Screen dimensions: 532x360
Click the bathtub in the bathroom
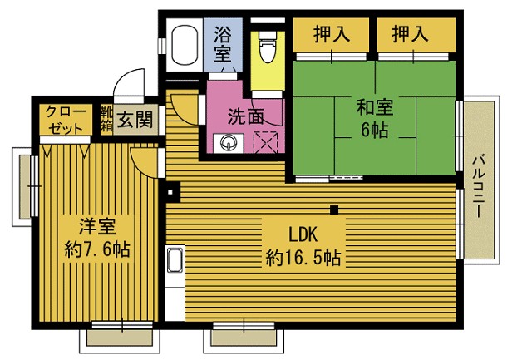click(185, 45)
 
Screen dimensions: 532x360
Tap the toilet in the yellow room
click(267, 47)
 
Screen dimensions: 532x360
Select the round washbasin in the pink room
click(228, 142)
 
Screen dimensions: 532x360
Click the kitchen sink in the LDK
click(175, 260)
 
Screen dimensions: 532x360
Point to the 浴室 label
click(223, 44)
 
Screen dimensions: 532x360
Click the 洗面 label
click(246, 116)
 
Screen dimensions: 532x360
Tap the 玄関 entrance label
click(135, 119)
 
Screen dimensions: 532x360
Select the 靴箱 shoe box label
click(106, 119)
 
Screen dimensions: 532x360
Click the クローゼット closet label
click(66, 120)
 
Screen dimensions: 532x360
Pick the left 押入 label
click(332, 34)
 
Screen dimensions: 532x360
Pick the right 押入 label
click(410, 34)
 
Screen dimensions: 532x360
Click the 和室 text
click(375, 107)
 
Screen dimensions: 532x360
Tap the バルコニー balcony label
click(478, 186)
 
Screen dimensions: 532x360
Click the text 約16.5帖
click(303, 258)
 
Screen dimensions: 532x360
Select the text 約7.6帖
click(97, 249)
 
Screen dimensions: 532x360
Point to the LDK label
click(303, 234)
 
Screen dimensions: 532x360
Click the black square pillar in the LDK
click(334, 210)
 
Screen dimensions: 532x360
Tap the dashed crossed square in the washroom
click(266, 142)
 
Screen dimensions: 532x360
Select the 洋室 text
click(97, 226)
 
